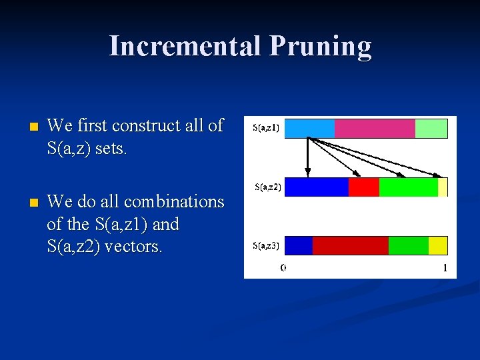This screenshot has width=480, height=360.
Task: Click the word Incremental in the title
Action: point(185,46)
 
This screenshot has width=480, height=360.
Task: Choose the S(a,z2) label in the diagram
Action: point(268,187)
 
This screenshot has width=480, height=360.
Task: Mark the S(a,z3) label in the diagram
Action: point(266,246)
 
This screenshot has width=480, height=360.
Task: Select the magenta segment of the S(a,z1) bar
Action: point(374,128)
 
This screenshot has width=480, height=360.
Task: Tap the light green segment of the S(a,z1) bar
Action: point(431,128)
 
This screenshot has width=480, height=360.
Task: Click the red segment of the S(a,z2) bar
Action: point(363,187)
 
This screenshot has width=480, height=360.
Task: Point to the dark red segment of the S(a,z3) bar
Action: point(350,245)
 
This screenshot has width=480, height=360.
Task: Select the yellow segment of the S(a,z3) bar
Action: point(437,245)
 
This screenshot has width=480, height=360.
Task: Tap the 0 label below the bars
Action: point(283,268)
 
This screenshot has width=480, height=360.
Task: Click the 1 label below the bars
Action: point(445,268)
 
